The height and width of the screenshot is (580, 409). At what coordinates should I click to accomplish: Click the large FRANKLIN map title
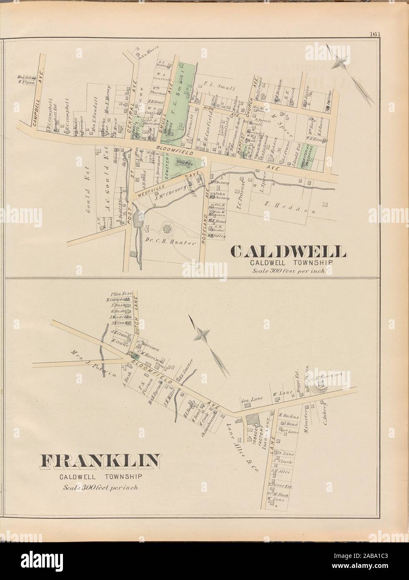(99, 461)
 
